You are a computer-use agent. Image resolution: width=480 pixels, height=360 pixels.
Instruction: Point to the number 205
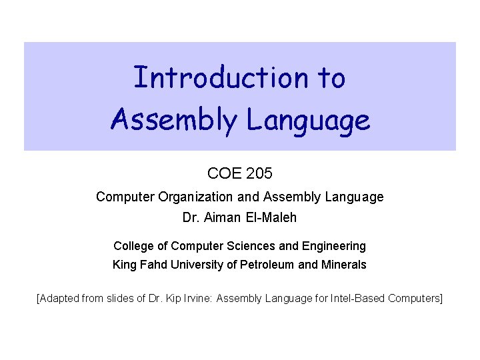[x=259, y=175]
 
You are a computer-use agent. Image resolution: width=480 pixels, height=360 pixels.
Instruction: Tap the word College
[x=135, y=246]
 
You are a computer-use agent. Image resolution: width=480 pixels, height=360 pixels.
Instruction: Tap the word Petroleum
[x=265, y=265]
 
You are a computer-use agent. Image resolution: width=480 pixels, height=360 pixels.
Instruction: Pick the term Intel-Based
[x=359, y=297]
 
